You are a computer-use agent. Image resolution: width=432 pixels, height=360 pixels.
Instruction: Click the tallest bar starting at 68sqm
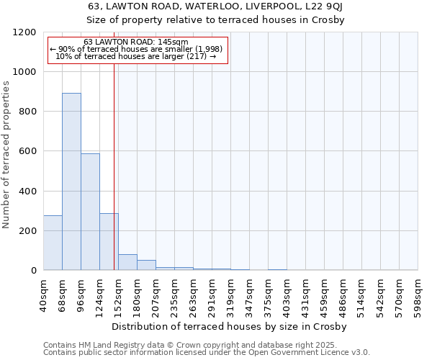(71, 181)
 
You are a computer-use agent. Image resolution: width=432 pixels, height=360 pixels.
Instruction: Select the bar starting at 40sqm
(53, 243)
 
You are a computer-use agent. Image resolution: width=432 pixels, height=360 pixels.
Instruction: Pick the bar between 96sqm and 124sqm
(90, 212)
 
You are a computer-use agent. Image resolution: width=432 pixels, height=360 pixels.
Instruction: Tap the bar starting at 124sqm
(109, 242)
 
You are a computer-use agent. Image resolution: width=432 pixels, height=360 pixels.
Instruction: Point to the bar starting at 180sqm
(146, 265)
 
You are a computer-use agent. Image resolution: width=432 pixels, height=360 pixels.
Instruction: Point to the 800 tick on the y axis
(30, 112)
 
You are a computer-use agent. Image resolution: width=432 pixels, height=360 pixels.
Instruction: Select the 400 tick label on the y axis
(30, 192)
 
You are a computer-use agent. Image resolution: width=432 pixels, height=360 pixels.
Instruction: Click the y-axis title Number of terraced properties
(6, 155)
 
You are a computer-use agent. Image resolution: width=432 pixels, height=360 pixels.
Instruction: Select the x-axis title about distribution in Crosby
(230, 327)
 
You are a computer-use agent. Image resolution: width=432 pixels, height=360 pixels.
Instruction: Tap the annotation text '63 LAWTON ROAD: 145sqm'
(136, 42)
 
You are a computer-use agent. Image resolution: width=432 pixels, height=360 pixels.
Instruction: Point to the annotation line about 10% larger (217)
(136, 56)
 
